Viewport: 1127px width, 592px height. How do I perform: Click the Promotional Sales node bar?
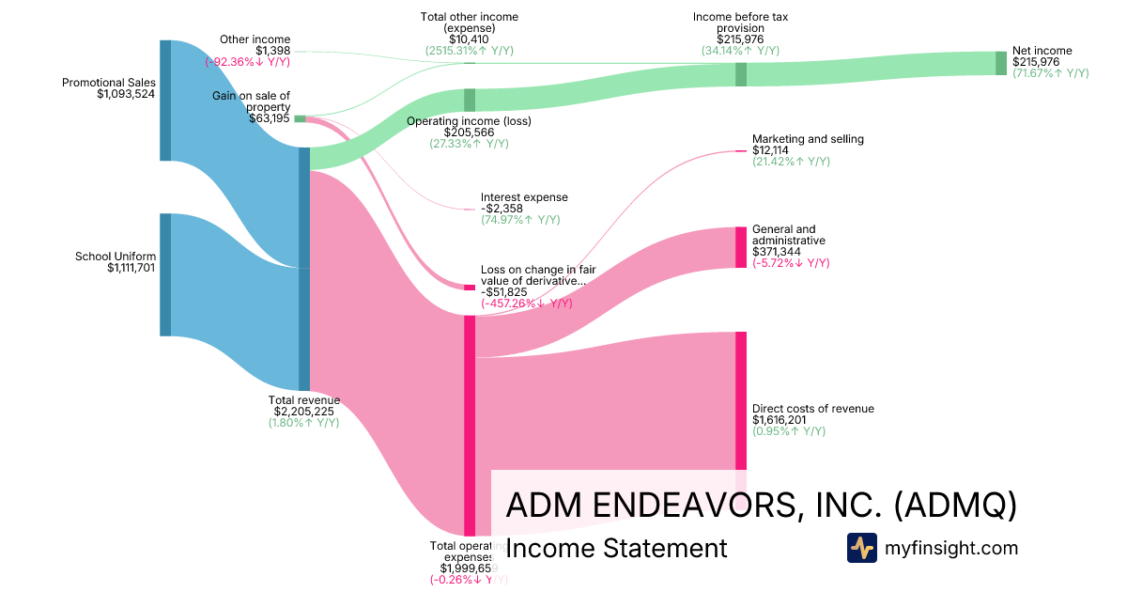165,101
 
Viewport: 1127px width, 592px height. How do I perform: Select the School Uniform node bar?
165,274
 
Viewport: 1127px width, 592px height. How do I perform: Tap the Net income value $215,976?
1036,62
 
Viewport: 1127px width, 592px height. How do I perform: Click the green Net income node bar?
1001,63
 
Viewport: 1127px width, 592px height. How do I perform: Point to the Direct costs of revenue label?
812,409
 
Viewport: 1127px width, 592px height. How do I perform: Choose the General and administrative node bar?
741,246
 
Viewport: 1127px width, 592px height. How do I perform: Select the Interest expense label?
524,197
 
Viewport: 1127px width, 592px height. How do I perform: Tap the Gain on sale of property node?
300,118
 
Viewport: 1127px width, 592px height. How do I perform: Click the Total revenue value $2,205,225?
304,411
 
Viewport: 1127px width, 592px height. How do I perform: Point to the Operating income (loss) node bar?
470,100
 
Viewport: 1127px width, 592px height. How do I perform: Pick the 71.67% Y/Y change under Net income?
1050,73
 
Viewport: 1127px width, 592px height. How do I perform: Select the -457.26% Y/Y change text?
526,304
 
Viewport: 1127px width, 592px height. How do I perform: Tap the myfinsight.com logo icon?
861,548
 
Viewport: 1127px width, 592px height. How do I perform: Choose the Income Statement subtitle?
616,548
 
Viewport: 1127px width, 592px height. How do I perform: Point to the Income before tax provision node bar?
741,74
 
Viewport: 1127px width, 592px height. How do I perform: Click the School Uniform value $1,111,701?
131,268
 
